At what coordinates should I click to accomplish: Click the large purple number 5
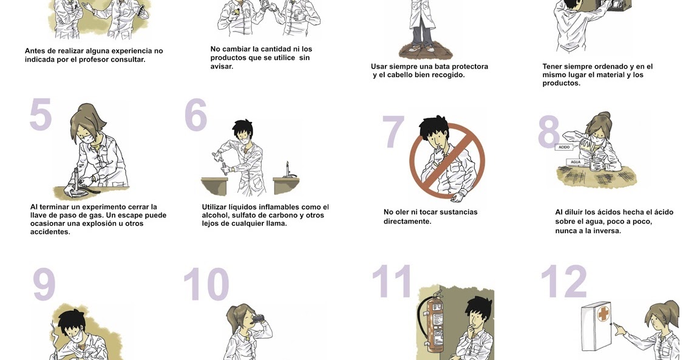click(x=41, y=114)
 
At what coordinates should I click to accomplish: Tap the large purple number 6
click(x=195, y=115)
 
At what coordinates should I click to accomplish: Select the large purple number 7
click(x=393, y=132)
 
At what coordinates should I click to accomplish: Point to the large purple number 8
click(x=549, y=132)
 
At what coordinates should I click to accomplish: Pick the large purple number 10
click(x=206, y=284)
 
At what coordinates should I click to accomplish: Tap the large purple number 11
click(x=392, y=281)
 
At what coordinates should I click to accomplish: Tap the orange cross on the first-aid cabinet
click(x=603, y=314)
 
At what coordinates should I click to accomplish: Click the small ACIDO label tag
click(x=564, y=147)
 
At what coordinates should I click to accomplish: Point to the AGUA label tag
click(x=576, y=162)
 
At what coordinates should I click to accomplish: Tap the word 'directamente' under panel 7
click(x=407, y=222)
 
